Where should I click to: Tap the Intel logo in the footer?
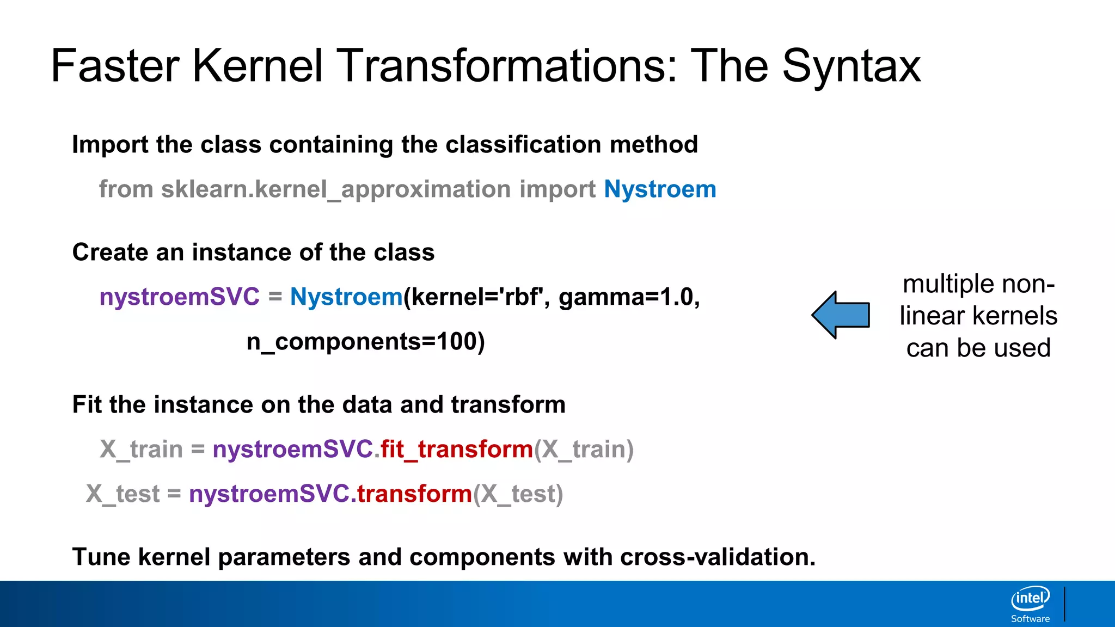(1030, 599)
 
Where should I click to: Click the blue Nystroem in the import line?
(660, 189)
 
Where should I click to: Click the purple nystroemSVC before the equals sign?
(180, 297)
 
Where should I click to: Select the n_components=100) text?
(365, 342)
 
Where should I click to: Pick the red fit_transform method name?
(456, 450)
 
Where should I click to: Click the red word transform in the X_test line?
(414, 494)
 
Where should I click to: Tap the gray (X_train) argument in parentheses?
(584, 450)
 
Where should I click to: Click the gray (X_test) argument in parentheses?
(518, 494)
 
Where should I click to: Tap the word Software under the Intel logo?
(1030, 619)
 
